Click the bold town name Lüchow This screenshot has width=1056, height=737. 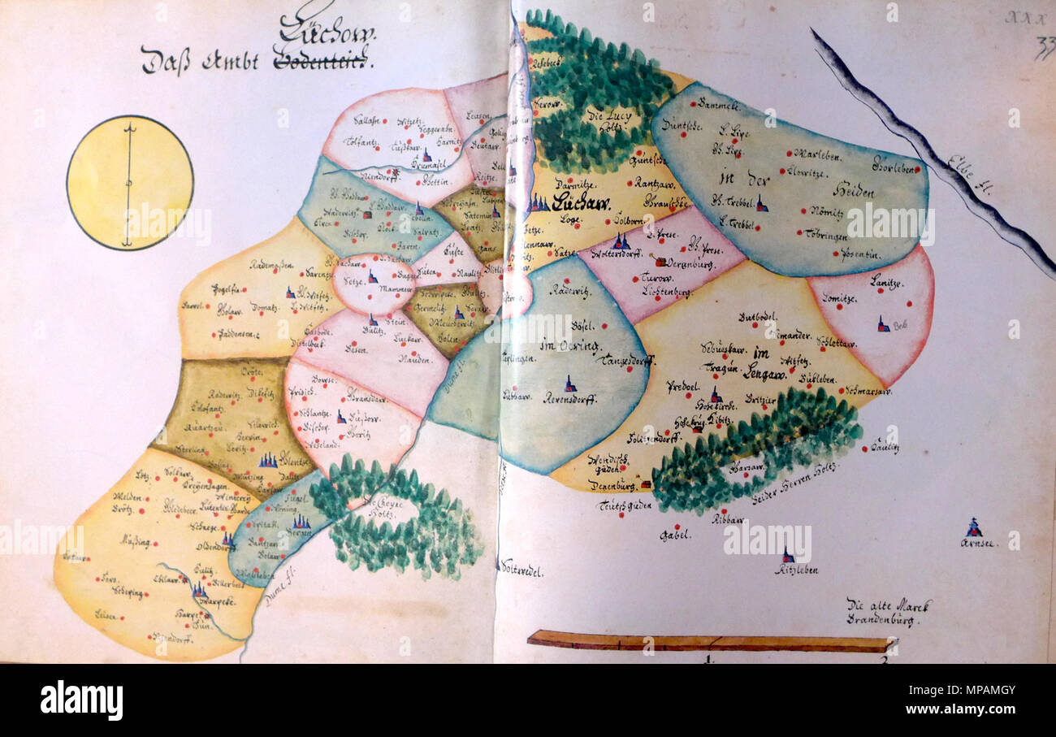[x=581, y=203]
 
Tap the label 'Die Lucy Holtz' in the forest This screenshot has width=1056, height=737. [x=605, y=120]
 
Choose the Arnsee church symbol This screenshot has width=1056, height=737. [x=973, y=528]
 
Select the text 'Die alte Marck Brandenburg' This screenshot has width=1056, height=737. [x=889, y=612]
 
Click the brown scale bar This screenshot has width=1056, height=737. [x=711, y=643]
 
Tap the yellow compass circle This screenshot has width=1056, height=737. [x=130, y=183]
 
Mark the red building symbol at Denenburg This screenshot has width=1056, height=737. [x=646, y=484]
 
